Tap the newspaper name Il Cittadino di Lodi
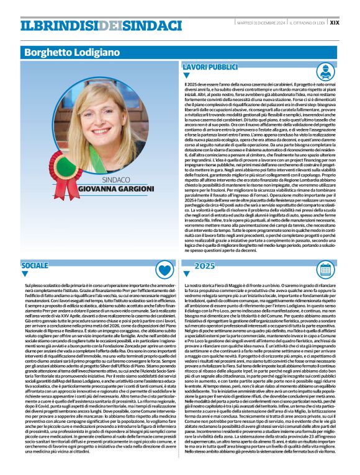[x=307, y=22]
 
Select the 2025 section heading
[x=204, y=265]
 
